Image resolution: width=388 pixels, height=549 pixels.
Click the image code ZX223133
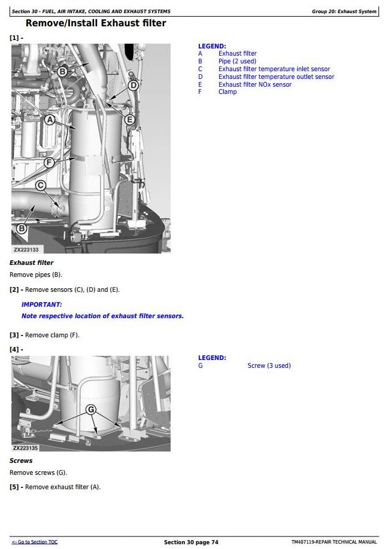[26, 249]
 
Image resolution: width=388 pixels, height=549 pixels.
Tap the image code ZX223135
[26, 448]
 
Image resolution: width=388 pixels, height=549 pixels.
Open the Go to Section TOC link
[34, 542]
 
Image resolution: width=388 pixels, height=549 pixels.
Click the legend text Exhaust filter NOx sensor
[255, 84]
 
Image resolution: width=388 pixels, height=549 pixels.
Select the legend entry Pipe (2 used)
[237, 61]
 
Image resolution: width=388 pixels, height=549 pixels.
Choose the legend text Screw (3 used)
[269, 365]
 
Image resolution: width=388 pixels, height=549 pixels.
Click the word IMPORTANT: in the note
[42, 304]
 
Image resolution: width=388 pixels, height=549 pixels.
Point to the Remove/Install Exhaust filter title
[96, 23]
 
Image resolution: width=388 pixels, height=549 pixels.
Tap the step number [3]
[14, 335]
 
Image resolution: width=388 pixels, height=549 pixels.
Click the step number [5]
[14, 487]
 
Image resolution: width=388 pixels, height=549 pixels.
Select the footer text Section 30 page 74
[191, 542]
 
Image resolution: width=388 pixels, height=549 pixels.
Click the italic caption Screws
[21, 460]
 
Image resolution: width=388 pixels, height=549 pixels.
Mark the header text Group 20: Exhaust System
[344, 11]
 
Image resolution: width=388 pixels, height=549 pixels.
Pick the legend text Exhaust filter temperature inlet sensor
[274, 69]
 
